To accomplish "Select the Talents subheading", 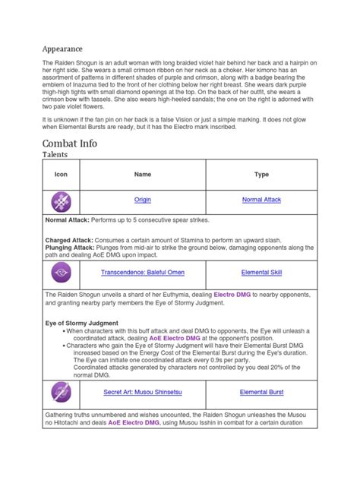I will click(55, 155).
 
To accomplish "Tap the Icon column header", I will click(61, 174).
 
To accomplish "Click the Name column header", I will click(143, 174).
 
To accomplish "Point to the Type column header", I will click(261, 174).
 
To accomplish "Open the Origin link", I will click(143, 200).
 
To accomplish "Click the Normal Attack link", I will click(261, 200).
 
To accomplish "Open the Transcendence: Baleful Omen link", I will click(143, 272).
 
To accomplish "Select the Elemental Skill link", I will click(261, 272).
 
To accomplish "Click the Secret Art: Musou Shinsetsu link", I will click(143, 393).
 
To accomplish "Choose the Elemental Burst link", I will click(261, 393).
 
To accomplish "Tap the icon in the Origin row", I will click(61, 201).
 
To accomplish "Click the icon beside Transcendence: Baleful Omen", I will click(61, 272).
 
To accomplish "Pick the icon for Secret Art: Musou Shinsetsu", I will click(61, 393).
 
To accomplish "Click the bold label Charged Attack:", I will click(71, 241).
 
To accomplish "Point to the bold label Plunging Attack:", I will click(72, 248).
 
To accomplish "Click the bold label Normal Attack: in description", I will click(69, 220).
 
